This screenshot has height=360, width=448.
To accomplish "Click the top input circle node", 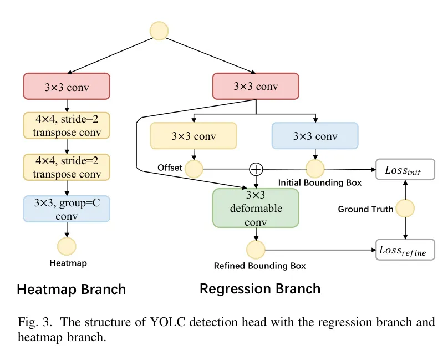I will [159, 31].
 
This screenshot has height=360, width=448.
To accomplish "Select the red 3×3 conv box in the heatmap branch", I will [67, 87].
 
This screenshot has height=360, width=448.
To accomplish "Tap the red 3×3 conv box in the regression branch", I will [256, 87].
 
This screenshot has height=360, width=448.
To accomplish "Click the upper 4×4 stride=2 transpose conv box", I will [67, 125].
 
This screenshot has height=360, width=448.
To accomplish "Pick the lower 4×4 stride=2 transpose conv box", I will [67, 167].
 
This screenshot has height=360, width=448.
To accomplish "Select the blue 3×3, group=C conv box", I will [67, 209].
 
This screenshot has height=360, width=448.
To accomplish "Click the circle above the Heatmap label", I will [67, 246].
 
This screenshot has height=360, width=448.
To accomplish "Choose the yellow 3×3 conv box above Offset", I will [194, 136].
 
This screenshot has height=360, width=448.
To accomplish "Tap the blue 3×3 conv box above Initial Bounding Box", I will [315, 136].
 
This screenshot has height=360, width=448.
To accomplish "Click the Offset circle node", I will [194, 168].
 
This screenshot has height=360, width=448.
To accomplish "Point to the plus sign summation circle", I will [256, 168].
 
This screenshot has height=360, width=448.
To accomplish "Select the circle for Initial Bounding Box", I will [315, 168].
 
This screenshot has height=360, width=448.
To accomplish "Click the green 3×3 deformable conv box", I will [256, 208].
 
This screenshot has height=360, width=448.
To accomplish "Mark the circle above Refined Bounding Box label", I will [256, 250].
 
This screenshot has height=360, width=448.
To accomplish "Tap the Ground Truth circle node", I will [405, 209].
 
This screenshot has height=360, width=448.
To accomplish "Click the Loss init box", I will [405, 170].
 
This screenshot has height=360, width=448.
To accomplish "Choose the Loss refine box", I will [405, 250].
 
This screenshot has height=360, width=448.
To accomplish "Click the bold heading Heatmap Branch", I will [71, 289].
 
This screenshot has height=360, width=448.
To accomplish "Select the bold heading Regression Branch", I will [259, 288].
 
